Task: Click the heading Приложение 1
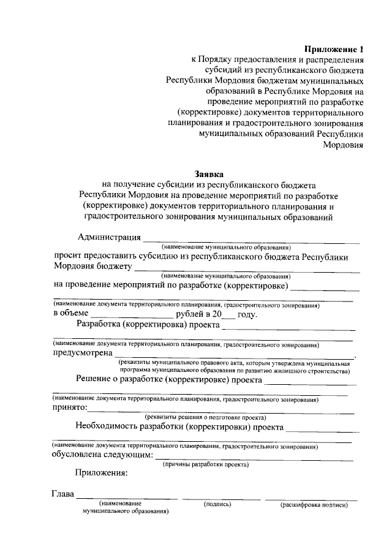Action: [x=334, y=48]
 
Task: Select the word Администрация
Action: [x=110, y=237]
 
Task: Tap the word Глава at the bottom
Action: [x=62, y=494]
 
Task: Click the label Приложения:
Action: [x=102, y=472]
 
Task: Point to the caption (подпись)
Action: [x=217, y=504]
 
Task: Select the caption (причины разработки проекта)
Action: [x=205, y=464]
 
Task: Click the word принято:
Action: [x=70, y=407]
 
